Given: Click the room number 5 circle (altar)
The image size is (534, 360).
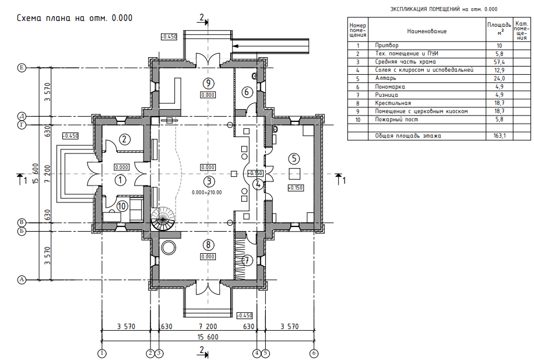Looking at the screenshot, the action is tap(294, 159).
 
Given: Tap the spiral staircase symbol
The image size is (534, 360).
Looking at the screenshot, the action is tap(163, 219).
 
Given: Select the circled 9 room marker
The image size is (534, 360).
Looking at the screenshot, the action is tap(208, 83).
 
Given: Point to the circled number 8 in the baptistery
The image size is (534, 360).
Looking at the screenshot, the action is tap(208, 245).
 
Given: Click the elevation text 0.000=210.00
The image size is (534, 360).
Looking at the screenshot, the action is tap(207, 193).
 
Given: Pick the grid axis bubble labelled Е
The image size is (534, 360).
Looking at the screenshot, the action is tap(22, 68).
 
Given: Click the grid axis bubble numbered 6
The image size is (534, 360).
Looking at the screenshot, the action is tap(314, 353).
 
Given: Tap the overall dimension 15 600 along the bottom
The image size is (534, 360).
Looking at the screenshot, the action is tap(208, 337).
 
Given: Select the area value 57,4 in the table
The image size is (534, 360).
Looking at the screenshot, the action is tap(499, 62).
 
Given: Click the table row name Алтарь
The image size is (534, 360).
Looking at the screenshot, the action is tap(385, 78).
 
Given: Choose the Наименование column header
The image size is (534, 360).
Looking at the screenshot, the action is tap(427, 31).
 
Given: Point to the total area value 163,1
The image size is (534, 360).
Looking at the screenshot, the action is tap(499, 136).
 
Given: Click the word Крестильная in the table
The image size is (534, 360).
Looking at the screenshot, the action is tap(393, 103).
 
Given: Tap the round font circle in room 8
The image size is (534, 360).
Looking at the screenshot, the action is tap(168, 247).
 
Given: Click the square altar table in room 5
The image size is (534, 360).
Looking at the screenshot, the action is tap(294, 173).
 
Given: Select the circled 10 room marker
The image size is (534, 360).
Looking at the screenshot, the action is tap(122, 206).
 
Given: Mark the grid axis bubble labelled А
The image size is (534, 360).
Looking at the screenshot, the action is tap(22, 280).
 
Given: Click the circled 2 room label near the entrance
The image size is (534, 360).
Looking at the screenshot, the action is tap(124, 139).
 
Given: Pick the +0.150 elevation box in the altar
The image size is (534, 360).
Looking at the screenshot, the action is tap(295, 188).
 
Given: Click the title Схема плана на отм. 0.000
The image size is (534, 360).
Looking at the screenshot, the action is tap(75, 18).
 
